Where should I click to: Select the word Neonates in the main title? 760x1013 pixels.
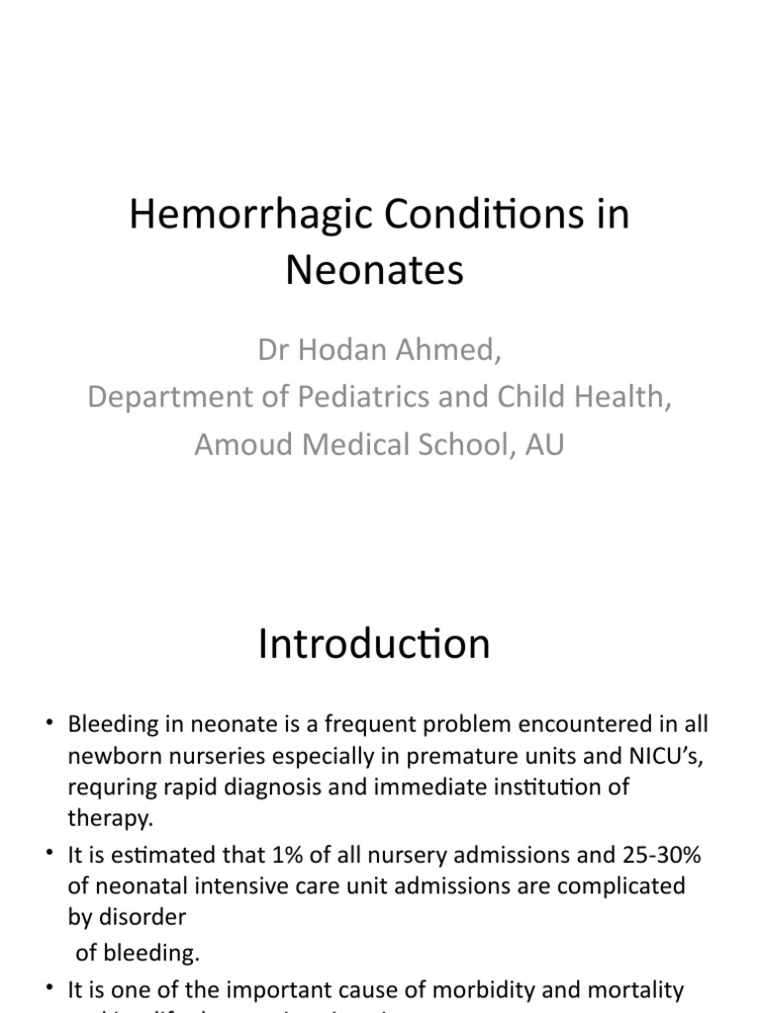[x=374, y=270]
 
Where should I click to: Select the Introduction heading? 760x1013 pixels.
[x=374, y=644]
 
